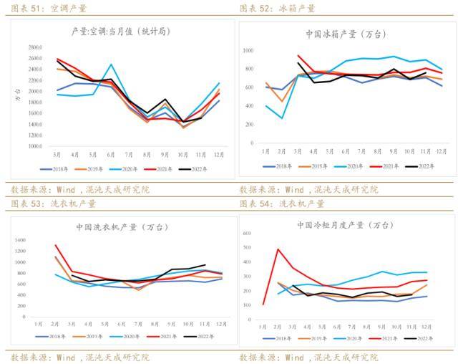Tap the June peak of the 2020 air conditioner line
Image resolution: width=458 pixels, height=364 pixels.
(x=110, y=64)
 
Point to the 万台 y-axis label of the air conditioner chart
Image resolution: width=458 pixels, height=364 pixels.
(x=18, y=94)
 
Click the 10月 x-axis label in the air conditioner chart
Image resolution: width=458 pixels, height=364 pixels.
(x=185, y=154)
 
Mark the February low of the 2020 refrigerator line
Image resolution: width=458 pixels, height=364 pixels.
(x=283, y=118)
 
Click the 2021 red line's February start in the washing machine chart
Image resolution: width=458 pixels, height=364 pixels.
(x=56, y=245)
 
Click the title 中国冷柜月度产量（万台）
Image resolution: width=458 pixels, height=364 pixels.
(x=345, y=224)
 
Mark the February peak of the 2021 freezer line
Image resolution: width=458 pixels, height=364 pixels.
(x=278, y=249)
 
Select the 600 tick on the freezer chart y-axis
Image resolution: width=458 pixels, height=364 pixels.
(x=246, y=234)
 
